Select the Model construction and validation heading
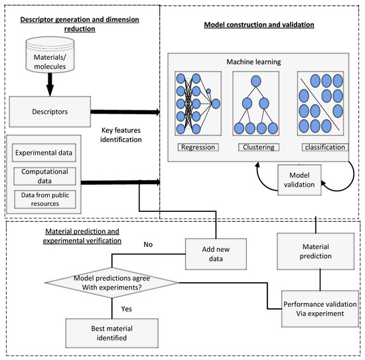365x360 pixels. coord(258,25)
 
